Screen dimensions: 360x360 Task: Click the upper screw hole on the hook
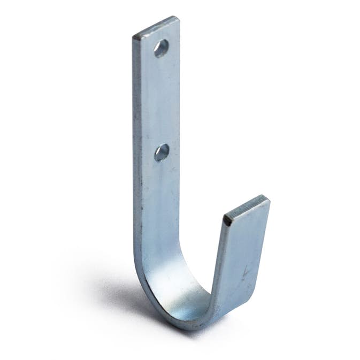pyautogui.click(x=161, y=49)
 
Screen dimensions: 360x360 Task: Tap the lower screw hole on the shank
pyautogui.click(x=162, y=152)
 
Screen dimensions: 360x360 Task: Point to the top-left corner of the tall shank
pyautogui.click(x=133, y=37)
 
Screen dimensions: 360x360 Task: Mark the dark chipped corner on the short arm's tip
pyautogui.click(x=227, y=219)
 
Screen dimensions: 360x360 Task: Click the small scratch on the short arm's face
pyautogui.click(x=245, y=273)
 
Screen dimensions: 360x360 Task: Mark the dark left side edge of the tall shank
pyautogui.click(x=135, y=160)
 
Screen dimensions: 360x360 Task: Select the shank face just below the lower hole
pyautogui.click(x=160, y=177)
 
